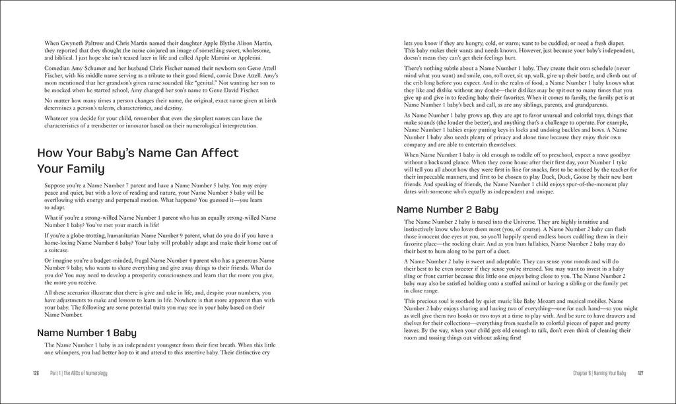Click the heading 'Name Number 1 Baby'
[x=86, y=333]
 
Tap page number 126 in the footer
[x=37, y=374]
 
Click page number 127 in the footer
[x=640, y=374]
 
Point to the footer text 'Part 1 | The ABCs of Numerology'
[x=79, y=374]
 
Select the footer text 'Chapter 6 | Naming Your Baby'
[x=599, y=374]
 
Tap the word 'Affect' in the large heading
[x=219, y=153]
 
